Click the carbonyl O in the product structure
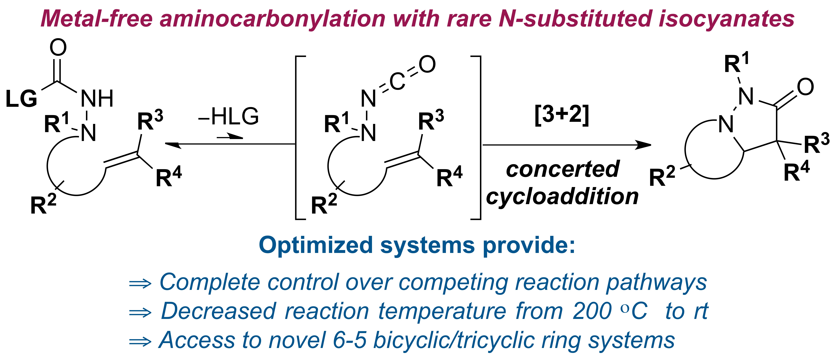point(806,87)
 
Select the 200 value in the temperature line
point(592,311)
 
